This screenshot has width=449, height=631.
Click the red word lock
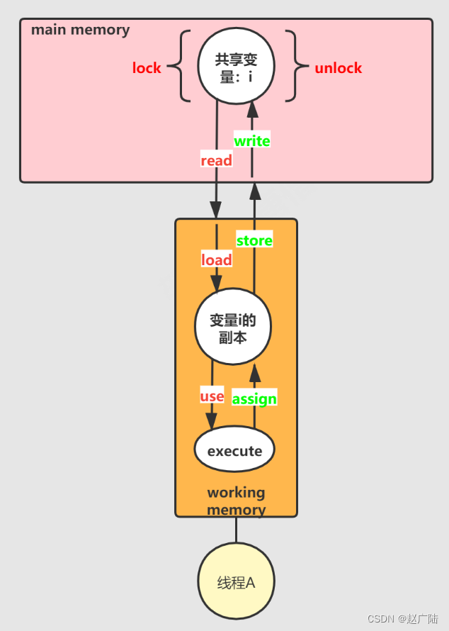pyautogui.click(x=147, y=68)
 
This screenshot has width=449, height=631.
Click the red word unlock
pyautogui.click(x=338, y=68)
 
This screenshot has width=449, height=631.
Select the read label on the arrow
pyautogui.click(x=216, y=161)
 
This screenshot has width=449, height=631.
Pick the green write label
pyautogui.click(x=252, y=141)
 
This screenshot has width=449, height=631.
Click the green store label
pyautogui.click(x=254, y=241)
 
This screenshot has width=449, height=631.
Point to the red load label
pyautogui.click(x=216, y=260)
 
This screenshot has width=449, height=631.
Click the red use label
pyautogui.click(x=212, y=396)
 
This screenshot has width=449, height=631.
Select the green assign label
pyautogui.click(x=254, y=398)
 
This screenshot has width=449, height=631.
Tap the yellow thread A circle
pyautogui.click(x=236, y=583)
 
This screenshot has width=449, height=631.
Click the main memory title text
pyautogui.click(x=81, y=30)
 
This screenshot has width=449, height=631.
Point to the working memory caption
pyautogui.click(x=236, y=501)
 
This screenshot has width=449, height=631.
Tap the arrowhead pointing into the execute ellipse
pyautogui.click(x=211, y=420)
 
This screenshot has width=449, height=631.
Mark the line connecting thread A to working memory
pyautogui.click(x=236, y=530)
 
